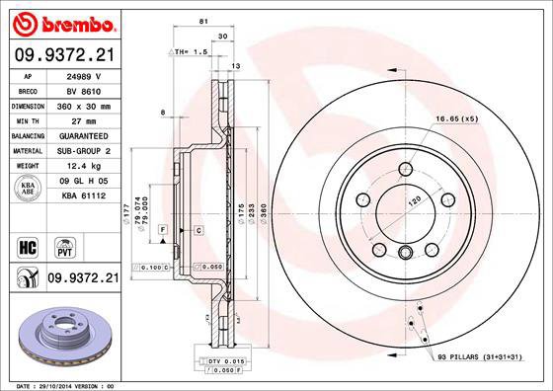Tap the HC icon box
(29, 244)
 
